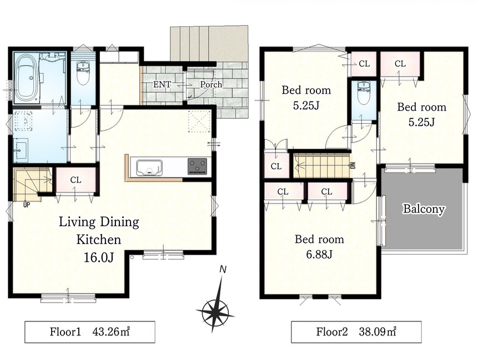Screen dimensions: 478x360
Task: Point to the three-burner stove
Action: [x=197, y=166]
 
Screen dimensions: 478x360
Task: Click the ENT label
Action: [x=162, y=84]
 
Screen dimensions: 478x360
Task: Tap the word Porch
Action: [x=211, y=84]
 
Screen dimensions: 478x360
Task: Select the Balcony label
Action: [x=424, y=209]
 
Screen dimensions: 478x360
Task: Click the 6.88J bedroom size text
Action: [x=319, y=253]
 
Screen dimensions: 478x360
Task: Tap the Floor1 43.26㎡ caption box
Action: [x=89, y=332]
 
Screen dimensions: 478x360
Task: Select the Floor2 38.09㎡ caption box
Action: [x=356, y=332]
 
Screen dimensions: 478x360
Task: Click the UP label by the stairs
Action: [x=27, y=205]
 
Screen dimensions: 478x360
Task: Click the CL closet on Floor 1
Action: [x=76, y=180]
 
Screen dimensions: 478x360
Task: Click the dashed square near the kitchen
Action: [x=199, y=122]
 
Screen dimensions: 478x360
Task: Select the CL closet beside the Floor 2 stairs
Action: [x=276, y=166]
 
